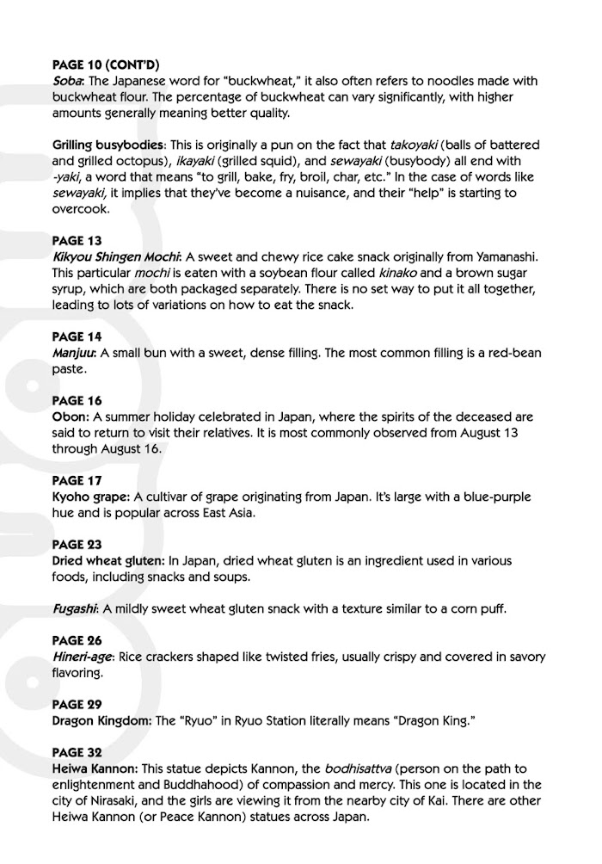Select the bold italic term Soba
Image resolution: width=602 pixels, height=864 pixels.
tap(69, 80)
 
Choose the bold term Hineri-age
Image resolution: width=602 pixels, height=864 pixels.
tap(84, 657)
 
